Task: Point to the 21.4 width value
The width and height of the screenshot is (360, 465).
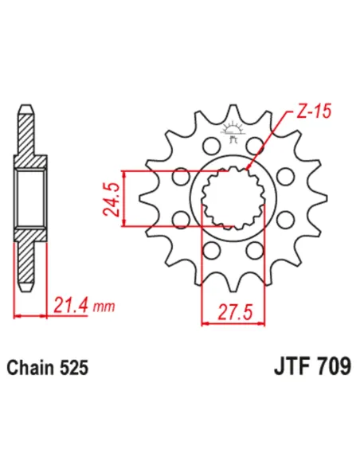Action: click(x=70, y=305)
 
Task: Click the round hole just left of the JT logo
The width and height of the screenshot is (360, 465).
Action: click(x=211, y=145)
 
